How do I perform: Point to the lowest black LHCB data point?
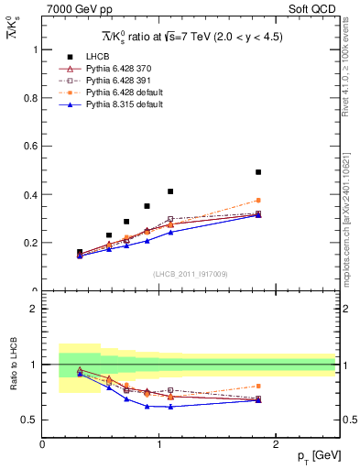click(80, 252)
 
